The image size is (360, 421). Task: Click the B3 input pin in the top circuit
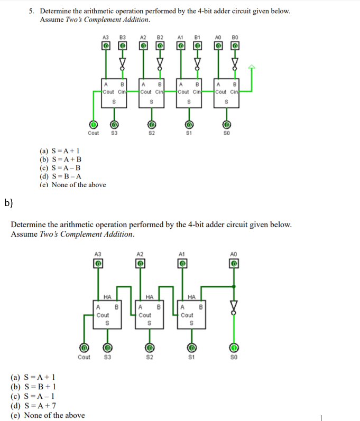coord(123,46)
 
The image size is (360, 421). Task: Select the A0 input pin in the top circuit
coord(218,46)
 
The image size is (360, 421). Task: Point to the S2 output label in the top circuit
coord(152,133)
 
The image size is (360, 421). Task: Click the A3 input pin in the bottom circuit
coord(98,263)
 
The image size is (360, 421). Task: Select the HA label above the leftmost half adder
coord(107,296)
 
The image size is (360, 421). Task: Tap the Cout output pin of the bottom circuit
coord(84,348)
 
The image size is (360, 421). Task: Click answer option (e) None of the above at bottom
coord(48,415)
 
